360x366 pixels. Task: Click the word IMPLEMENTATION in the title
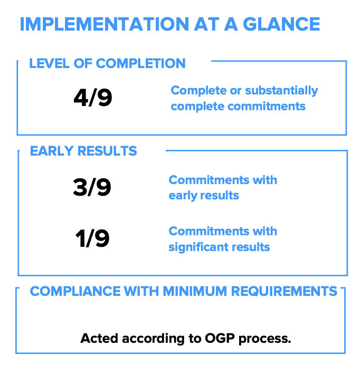pos(105,24)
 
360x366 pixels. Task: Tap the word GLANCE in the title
pos(281,24)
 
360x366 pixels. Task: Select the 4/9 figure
pos(93,98)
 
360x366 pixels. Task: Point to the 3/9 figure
pos(92,187)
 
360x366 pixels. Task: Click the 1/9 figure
pos(92,238)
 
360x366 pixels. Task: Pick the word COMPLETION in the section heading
pos(140,63)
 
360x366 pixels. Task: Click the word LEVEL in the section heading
pos(49,63)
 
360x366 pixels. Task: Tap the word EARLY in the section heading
pos(52,151)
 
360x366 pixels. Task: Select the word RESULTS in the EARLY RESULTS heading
pos(107,151)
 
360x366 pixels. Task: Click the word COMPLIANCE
pos(75,291)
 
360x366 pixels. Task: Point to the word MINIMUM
pos(195,291)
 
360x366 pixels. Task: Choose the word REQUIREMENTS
pos(284,291)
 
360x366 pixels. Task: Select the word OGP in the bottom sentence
pos(220,338)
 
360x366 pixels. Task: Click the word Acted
pos(99,338)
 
